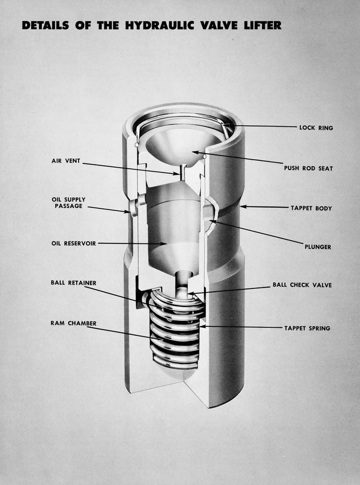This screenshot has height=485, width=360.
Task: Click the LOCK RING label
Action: pyautogui.click(x=316, y=128)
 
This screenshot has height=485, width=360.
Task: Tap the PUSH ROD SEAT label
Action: pyautogui.click(x=308, y=168)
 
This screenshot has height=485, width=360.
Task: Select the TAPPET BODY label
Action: pyautogui.click(x=311, y=208)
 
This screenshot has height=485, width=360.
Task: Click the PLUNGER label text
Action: pyautogui.click(x=318, y=247)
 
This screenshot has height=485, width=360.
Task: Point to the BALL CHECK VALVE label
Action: pyautogui.click(x=302, y=285)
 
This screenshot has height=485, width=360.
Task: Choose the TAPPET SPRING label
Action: pyautogui.click(x=307, y=328)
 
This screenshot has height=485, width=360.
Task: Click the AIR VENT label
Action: pyautogui.click(x=66, y=161)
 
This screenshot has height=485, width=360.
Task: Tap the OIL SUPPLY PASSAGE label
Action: pyautogui.click(x=69, y=203)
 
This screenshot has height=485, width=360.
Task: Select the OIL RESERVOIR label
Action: pyautogui.click(x=74, y=243)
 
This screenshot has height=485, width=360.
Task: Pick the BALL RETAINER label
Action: pyautogui.click(x=73, y=283)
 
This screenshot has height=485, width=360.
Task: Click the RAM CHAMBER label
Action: pyautogui.click(x=73, y=323)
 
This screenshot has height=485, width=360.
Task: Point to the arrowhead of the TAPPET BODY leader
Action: pyautogui.click(x=242, y=207)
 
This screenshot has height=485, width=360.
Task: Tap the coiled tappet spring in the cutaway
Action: pyautogui.click(x=175, y=332)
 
